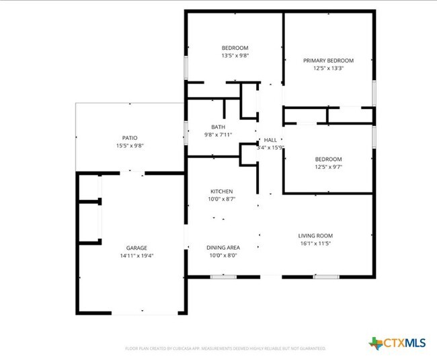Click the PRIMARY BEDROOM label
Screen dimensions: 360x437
(328, 61)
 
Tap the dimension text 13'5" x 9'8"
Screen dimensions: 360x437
(235, 55)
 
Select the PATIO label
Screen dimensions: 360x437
(130, 138)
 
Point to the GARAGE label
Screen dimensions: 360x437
(136, 248)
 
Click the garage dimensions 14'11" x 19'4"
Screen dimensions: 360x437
(136, 256)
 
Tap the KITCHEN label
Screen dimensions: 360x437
(221, 192)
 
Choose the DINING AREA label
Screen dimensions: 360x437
(221, 248)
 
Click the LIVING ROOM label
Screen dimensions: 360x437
(315, 236)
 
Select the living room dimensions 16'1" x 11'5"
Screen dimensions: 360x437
(315, 244)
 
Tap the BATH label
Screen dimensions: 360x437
(218, 127)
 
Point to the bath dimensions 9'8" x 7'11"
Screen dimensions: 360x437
(218, 135)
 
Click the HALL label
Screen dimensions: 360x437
(270, 140)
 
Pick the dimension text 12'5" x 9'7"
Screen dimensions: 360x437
(328, 167)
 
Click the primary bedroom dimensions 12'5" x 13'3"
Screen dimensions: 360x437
(328, 68)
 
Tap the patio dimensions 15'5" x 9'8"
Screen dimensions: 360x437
(130, 146)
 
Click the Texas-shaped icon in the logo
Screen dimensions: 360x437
(375, 343)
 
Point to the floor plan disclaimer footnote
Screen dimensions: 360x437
(225, 349)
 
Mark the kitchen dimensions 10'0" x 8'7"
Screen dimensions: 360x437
(221, 200)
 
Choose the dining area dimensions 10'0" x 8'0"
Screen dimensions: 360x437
(221, 256)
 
